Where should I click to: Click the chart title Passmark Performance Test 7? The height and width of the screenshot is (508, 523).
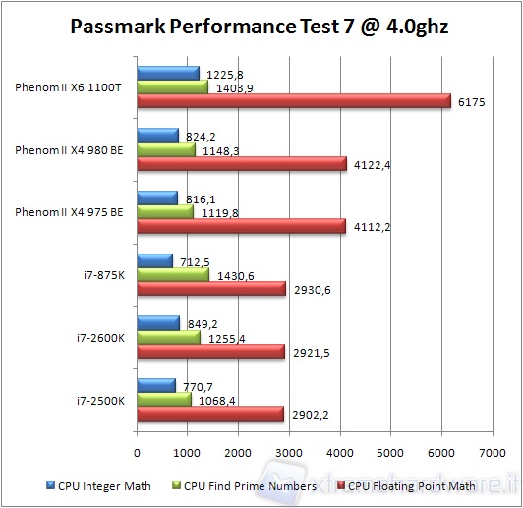(261, 26)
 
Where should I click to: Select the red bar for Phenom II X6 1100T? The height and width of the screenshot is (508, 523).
(294, 101)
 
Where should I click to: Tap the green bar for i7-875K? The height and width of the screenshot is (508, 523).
(173, 275)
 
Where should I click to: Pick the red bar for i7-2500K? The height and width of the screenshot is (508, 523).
(210, 414)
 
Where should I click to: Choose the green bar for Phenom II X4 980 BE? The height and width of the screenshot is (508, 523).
(166, 150)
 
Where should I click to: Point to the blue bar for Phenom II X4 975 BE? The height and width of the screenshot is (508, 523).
(157, 198)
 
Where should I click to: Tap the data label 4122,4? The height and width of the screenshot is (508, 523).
(372, 164)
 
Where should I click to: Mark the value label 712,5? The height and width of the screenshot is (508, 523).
(194, 261)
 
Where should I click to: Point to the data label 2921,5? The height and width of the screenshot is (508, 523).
(309, 352)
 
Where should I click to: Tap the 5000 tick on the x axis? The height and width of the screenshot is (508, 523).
(390, 453)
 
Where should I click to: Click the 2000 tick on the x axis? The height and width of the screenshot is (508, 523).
(238, 453)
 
